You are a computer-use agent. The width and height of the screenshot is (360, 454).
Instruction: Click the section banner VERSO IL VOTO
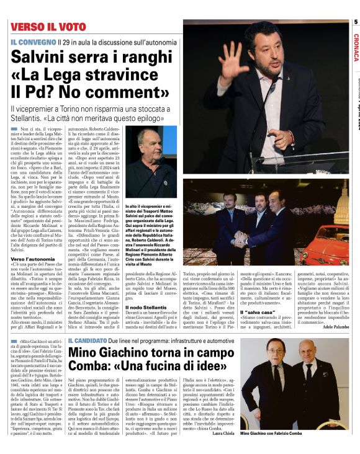tap(47, 27)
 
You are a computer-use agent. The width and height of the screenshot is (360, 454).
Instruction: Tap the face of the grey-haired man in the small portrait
tap(148, 145)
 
